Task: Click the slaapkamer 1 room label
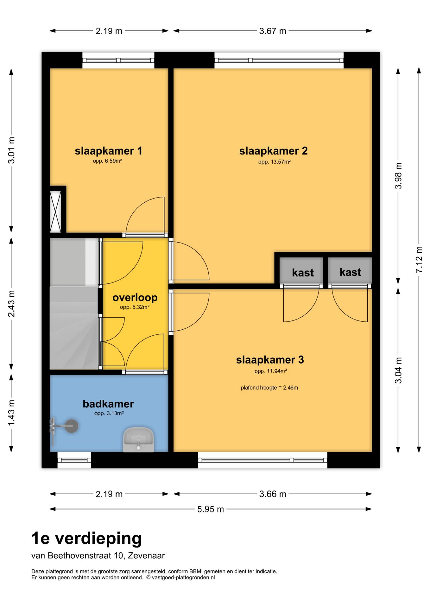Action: pyautogui.click(x=108, y=151)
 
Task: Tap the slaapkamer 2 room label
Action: pyautogui.click(x=273, y=151)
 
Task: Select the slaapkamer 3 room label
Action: pyautogui.click(x=270, y=360)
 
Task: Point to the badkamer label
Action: pyautogui.click(x=108, y=404)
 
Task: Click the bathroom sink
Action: pyautogui.click(x=138, y=440)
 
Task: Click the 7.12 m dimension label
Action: pyautogui.click(x=419, y=260)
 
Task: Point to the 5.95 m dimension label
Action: pyautogui.click(x=211, y=509)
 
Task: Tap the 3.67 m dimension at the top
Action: pyautogui.click(x=273, y=31)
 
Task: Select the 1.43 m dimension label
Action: pyautogui.click(x=11, y=413)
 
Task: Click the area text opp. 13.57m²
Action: pyautogui.click(x=274, y=162)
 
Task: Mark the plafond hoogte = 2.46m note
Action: pyautogui.click(x=269, y=388)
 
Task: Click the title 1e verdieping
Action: pyautogui.click(x=86, y=538)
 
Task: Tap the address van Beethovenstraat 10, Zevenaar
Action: pyautogui.click(x=98, y=556)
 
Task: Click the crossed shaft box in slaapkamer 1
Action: pyautogui.click(x=55, y=211)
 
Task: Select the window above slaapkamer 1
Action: pyautogui.click(x=118, y=60)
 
